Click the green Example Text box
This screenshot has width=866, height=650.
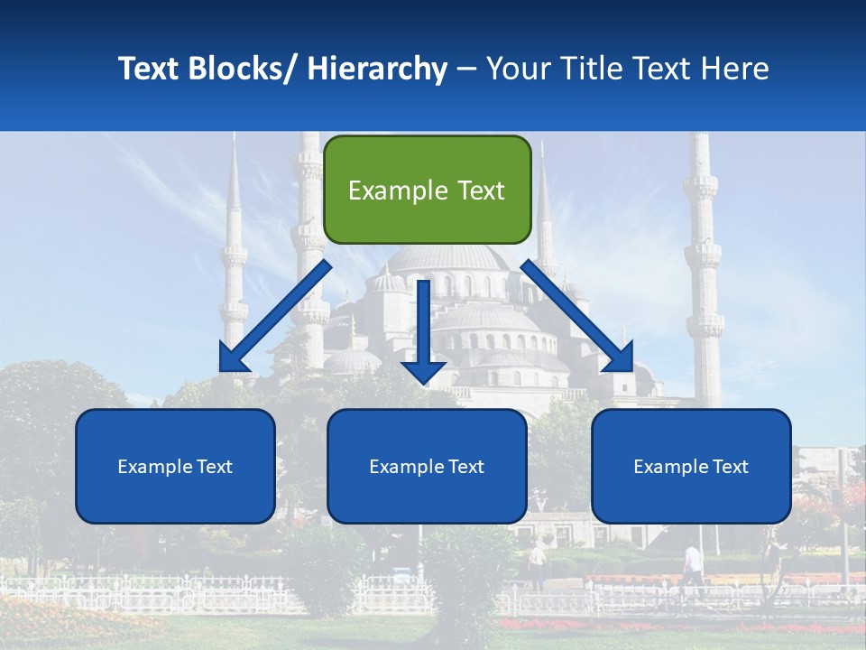point(427,190)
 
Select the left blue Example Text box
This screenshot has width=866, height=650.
point(175,466)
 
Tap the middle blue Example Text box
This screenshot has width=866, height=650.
point(427,466)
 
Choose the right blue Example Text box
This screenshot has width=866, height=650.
point(691,466)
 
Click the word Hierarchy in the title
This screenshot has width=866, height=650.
point(377,69)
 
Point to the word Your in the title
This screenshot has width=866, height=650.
point(517,69)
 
